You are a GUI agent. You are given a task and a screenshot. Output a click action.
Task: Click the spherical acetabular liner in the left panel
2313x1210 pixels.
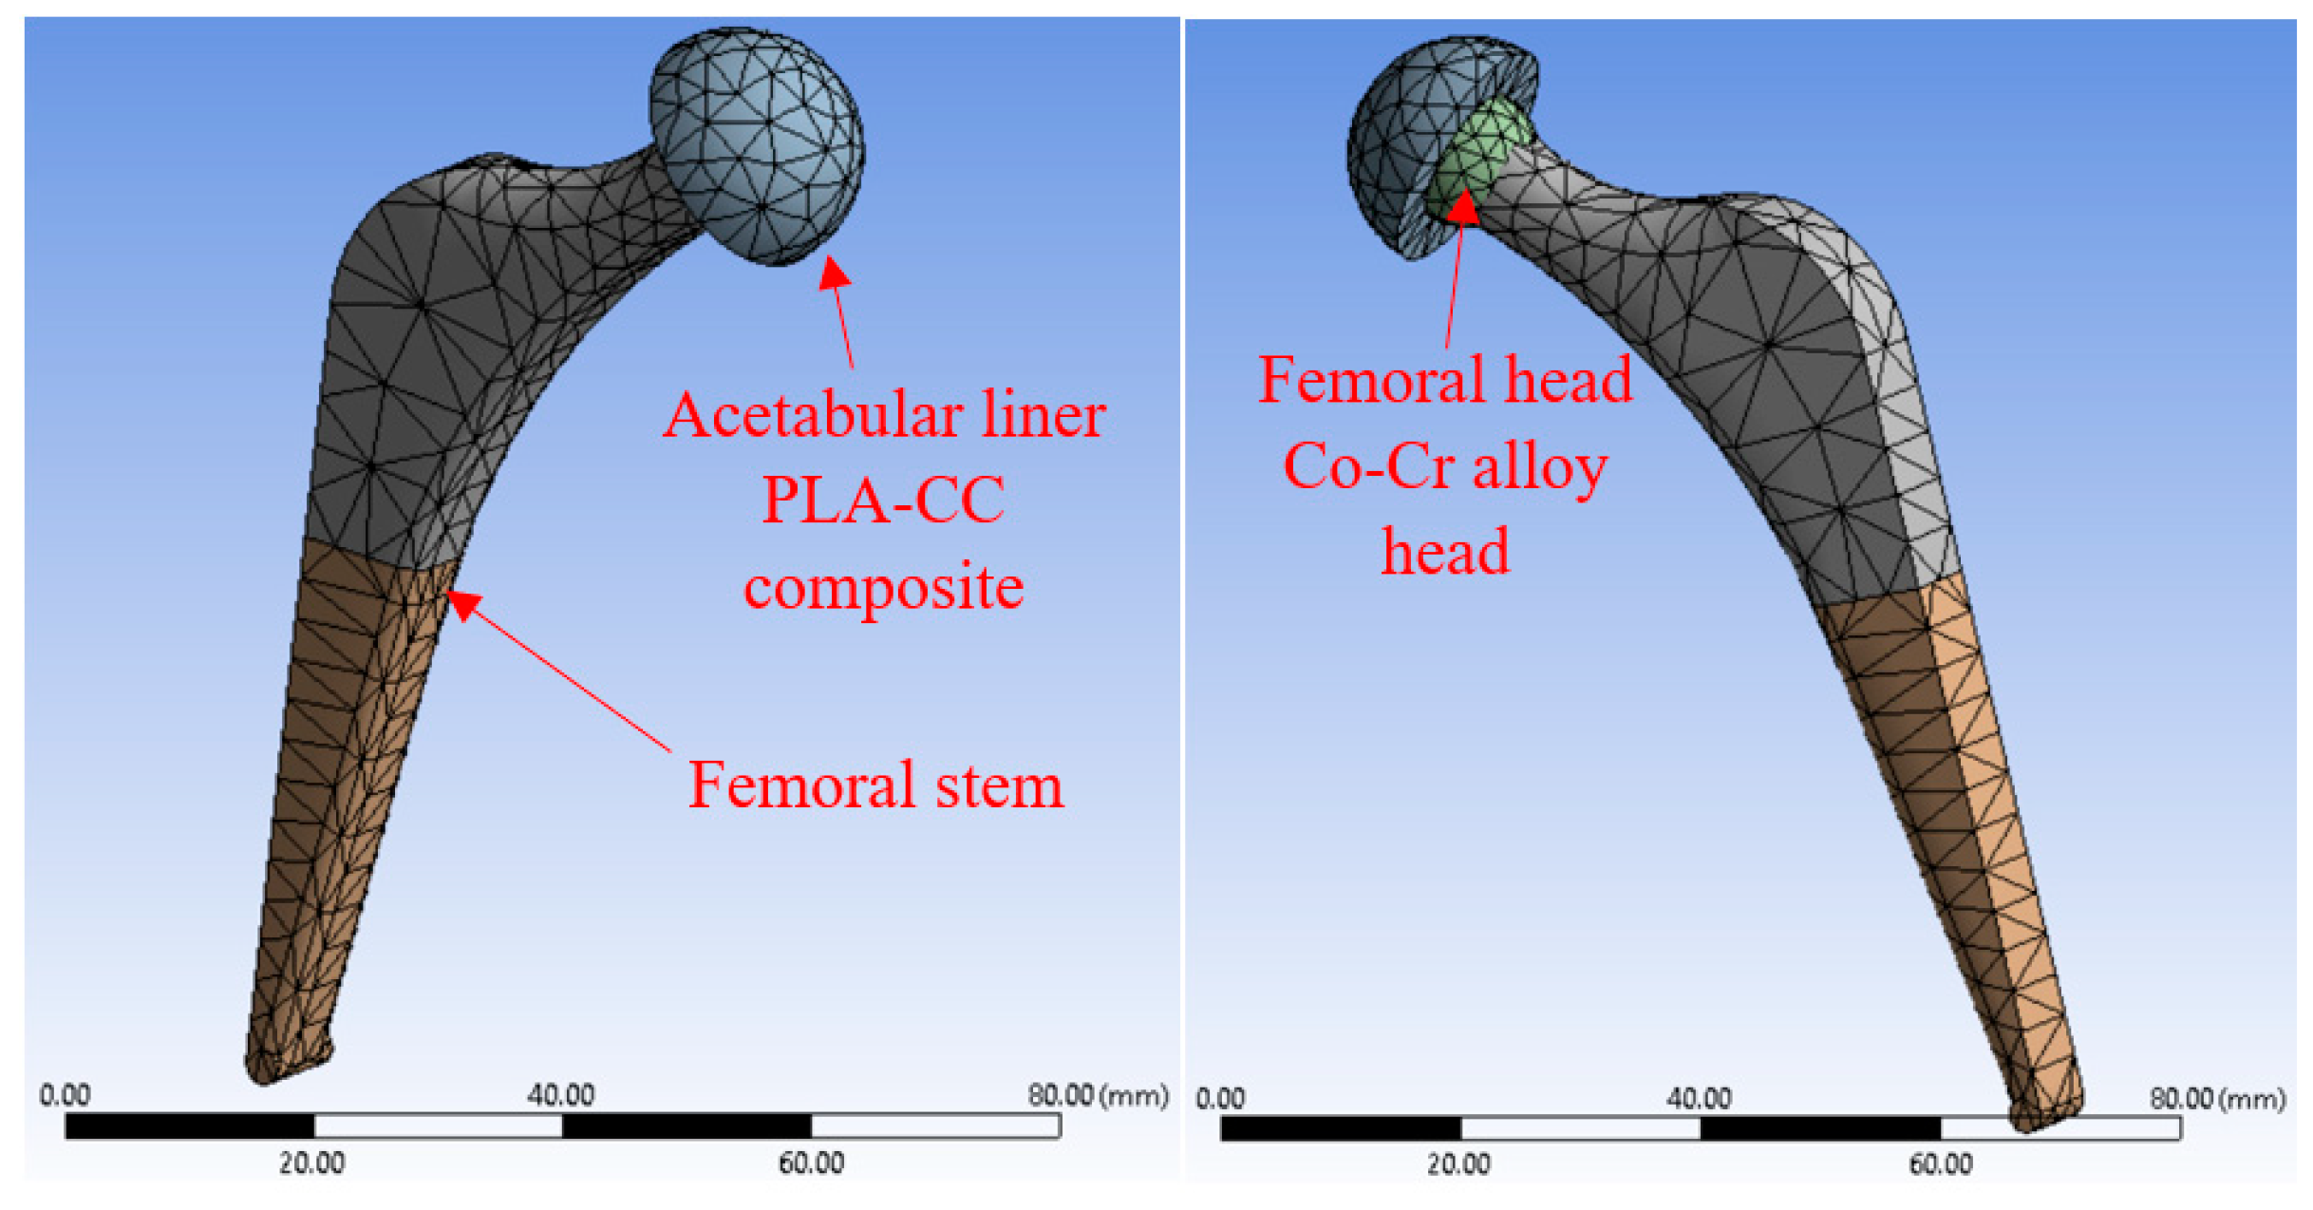pyautogui.click(x=757, y=144)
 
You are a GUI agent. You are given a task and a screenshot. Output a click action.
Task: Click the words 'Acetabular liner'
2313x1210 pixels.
pyautogui.click(x=883, y=416)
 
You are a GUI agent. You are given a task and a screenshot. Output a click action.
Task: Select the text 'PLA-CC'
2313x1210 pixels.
pyautogui.click(x=883, y=501)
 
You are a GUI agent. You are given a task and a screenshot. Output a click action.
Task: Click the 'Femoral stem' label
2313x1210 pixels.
pyautogui.click(x=874, y=785)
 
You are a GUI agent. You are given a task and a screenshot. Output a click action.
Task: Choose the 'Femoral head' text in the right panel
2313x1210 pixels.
pyautogui.click(x=1444, y=380)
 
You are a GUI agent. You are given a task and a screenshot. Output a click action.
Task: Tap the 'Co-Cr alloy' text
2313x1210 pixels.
pyautogui.click(x=1444, y=466)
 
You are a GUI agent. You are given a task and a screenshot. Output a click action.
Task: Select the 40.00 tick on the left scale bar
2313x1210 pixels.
pyautogui.click(x=560, y=1095)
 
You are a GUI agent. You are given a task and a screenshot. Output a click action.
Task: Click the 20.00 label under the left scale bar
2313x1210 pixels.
pyautogui.click(x=311, y=1163)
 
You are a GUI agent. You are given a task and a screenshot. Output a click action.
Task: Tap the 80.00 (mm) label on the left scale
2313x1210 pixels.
pyautogui.click(x=1097, y=1095)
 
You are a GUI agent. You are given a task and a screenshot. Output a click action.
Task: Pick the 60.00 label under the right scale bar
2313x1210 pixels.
pyautogui.click(x=1940, y=1164)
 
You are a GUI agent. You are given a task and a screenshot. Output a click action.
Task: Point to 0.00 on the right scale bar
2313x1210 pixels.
pyautogui.click(x=1219, y=1099)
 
